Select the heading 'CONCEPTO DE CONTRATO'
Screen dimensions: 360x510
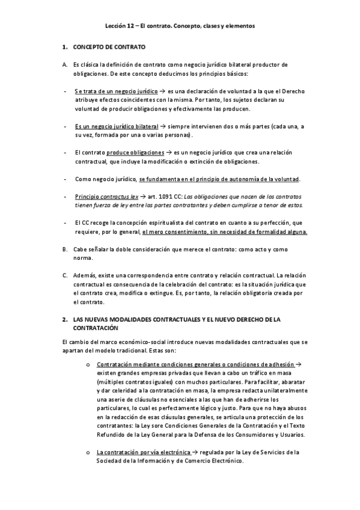[109, 47]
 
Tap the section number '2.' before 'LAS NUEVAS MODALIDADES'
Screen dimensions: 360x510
[65, 319]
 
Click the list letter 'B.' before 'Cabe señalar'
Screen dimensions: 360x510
[65, 250]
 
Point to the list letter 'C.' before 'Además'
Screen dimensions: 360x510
[65, 275]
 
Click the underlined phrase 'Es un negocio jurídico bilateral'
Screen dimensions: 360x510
[117, 127]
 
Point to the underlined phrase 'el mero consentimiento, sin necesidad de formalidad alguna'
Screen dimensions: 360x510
[225, 232]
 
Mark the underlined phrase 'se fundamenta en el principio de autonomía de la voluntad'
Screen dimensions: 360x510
[219, 180]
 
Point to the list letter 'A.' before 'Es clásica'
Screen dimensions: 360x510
[65, 64]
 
